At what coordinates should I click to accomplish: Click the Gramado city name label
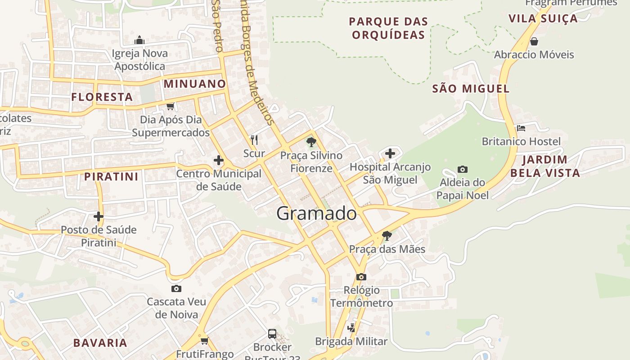(316, 213)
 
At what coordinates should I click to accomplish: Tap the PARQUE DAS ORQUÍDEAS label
(388, 28)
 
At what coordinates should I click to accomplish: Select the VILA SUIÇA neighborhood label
(543, 18)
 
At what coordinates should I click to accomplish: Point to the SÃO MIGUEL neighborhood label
(471, 89)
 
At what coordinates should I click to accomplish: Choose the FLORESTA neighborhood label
(102, 97)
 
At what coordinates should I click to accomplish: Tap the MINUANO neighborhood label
(194, 84)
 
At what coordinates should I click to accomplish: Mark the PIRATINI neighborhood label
(111, 176)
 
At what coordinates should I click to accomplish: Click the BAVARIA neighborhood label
(100, 342)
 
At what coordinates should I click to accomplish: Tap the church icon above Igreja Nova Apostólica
(139, 40)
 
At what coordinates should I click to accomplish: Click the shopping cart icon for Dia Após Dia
(170, 106)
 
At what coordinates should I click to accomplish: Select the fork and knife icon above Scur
(254, 140)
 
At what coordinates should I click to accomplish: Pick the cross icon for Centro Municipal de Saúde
(219, 160)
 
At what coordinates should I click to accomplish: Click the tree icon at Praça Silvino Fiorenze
(311, 142)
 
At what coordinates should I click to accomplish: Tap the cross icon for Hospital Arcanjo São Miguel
(390, 153)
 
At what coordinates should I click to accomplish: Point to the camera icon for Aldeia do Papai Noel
(462, 169)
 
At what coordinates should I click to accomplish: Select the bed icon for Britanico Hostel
(521, 128)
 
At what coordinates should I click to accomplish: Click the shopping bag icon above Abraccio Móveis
(534, 41)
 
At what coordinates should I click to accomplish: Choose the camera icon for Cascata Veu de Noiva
(176, 288)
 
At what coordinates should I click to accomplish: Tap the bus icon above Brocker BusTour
(272, 333)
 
